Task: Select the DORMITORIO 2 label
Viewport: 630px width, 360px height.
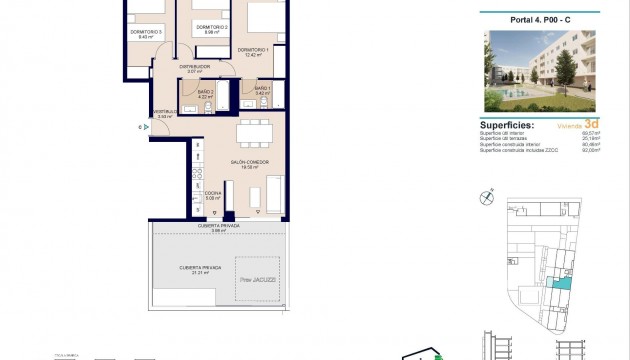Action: coord(212,27)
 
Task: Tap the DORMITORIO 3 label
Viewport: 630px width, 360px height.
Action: coord(145,33)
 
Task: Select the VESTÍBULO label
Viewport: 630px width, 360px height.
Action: coord(164,112)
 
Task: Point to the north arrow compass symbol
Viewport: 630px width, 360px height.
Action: coord(486,197)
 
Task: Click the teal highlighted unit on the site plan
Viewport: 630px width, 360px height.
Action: coord(562,285)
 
